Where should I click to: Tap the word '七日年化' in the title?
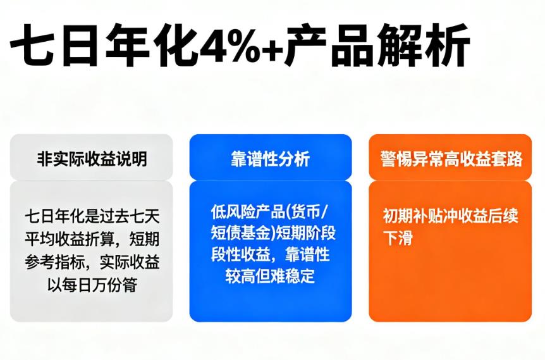(x=101, y=46)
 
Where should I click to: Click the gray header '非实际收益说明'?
(x=92, y=159)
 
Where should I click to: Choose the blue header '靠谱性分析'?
(x=271, y=159)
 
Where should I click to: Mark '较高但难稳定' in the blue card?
(x=271, y=276)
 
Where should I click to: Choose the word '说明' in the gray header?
(x=132, y=159)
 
